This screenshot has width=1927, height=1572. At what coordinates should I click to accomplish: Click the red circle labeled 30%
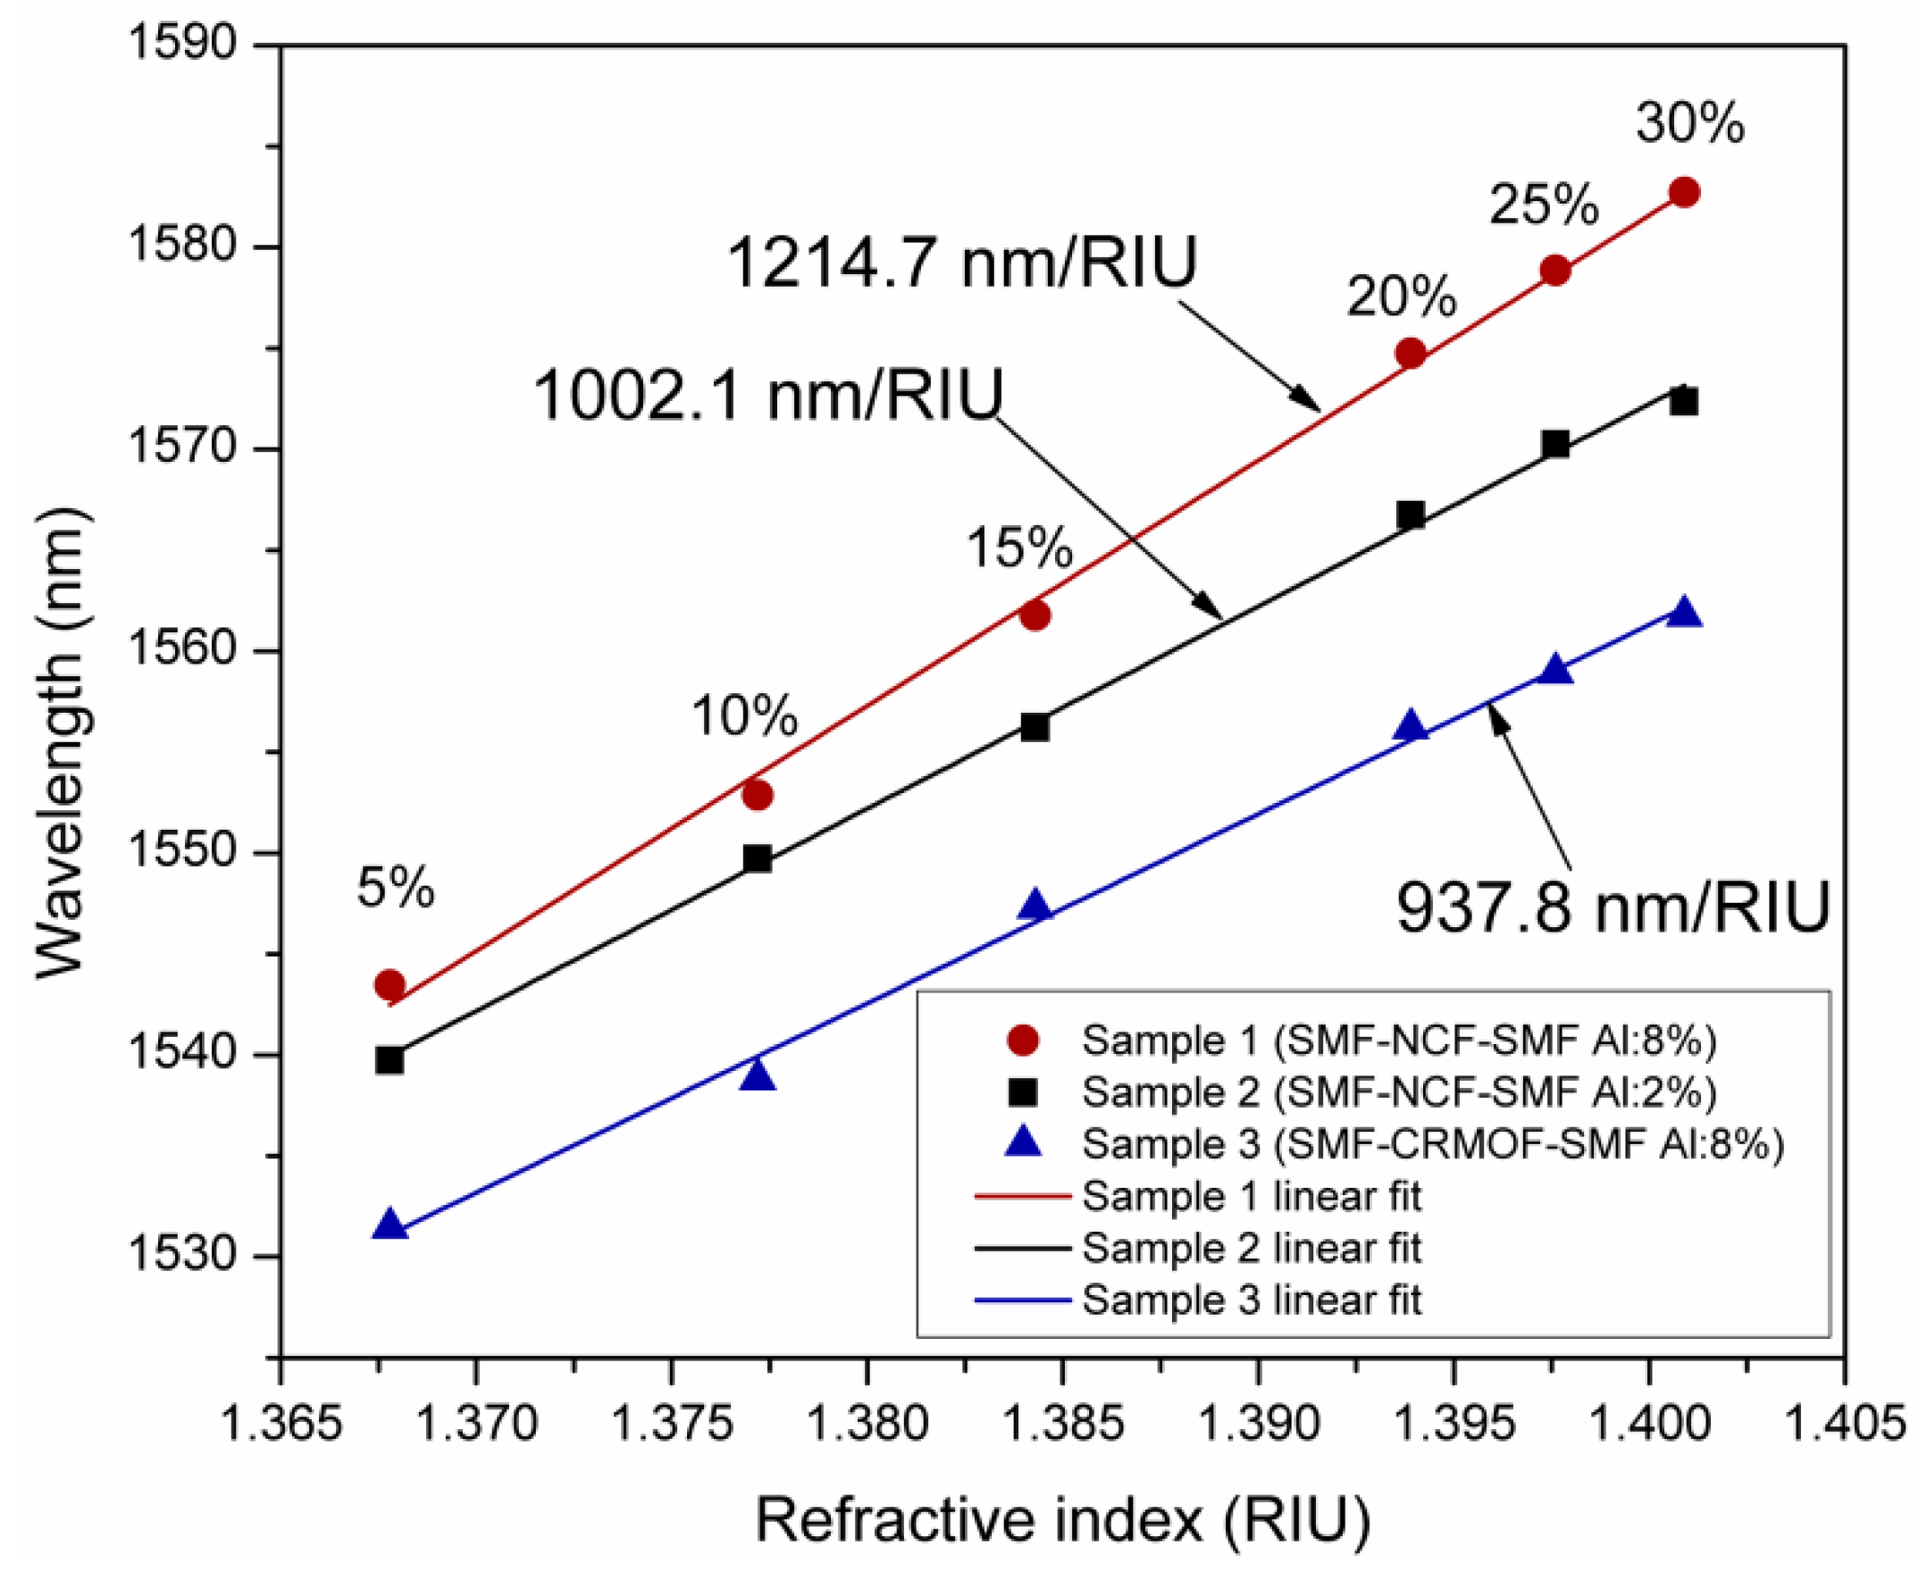1683,193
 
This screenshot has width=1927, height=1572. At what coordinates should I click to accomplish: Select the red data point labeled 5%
390,984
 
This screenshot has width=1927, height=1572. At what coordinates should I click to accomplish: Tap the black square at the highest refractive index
1683,401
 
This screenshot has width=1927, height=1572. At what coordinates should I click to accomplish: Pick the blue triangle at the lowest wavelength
390,1225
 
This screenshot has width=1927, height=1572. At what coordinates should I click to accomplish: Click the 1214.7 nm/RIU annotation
961,263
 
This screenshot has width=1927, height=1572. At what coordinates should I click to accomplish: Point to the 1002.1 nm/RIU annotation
768,395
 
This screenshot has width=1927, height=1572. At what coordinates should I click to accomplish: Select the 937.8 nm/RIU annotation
1613,907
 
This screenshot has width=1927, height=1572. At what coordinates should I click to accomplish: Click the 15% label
1019,548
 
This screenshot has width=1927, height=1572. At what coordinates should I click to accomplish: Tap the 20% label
1401,297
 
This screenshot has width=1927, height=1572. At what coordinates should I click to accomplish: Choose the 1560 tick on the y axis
189,651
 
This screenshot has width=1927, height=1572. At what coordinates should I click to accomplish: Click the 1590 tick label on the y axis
189,44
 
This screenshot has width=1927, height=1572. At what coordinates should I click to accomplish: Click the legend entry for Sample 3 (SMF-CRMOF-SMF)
1431,1144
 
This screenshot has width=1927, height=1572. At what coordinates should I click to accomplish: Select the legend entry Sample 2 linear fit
1250,1248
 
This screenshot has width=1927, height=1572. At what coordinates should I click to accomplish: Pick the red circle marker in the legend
1023,1041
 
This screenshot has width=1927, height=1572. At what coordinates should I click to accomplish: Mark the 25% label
1544,204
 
